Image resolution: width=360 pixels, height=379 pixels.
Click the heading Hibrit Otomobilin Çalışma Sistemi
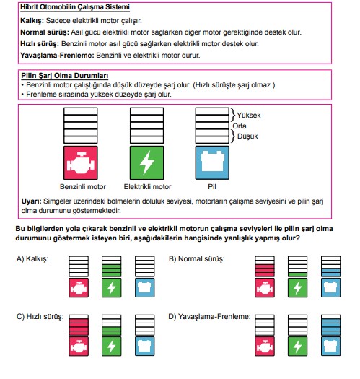tap(75, 7)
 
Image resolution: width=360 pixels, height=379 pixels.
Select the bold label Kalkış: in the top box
tap(32, 21)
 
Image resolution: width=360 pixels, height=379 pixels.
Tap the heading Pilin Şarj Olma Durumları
tap(64, 76)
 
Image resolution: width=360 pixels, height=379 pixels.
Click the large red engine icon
tap(81, 162)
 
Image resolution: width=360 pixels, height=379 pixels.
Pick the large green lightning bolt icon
tap(147, 162)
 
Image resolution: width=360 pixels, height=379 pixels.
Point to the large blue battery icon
tap(212, 162)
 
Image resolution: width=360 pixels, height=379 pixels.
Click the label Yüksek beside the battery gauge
tap(249, 116)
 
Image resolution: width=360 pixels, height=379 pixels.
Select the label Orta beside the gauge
tap(240, 126)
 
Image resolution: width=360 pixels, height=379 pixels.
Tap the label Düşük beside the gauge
tap(247, 136)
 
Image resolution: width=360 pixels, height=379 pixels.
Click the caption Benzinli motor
tap(83, 186)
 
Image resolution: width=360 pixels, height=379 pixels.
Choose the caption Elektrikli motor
tap(147, 186)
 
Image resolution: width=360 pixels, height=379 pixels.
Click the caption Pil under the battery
tap(212, 186)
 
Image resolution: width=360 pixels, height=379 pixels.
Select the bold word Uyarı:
tap(32, 201)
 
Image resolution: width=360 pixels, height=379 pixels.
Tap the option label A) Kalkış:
tap(32, 259)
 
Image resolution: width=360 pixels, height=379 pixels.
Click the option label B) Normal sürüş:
tap(197, 259)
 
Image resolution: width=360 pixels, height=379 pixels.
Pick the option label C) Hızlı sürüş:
tap(40, 317)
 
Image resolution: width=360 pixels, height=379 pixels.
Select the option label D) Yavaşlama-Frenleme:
tap(209, 317)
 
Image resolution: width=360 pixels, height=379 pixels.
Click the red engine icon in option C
tap(79, 347)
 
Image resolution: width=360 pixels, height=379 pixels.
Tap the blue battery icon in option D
tap(330, 347)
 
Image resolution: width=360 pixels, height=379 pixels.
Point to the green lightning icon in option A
tap(112, 288)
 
